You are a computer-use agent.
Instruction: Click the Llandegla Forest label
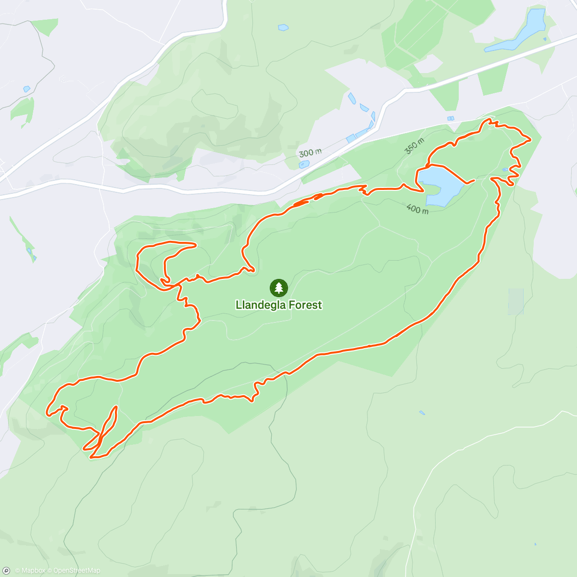[278, 305]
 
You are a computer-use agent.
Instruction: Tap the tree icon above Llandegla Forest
[278, 288]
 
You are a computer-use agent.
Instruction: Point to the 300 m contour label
[310, 153]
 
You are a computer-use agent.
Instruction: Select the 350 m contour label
[414, 146]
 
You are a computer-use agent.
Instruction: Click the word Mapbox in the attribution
[33, 571]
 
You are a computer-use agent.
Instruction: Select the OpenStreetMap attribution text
[77, 571]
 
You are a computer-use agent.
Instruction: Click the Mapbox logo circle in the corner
[6, 571]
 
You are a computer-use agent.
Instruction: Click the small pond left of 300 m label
[303, 164]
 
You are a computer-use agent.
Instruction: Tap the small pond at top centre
[283, 28]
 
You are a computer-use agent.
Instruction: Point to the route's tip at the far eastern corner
[530, 140]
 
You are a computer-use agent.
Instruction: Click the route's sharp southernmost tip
[91, 457]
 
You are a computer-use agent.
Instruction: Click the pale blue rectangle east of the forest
[516, 301]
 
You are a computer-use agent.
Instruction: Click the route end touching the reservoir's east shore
[474, 180]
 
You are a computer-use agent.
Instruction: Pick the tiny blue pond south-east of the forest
[422, 413]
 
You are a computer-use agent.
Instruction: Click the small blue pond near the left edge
[26, 89]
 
